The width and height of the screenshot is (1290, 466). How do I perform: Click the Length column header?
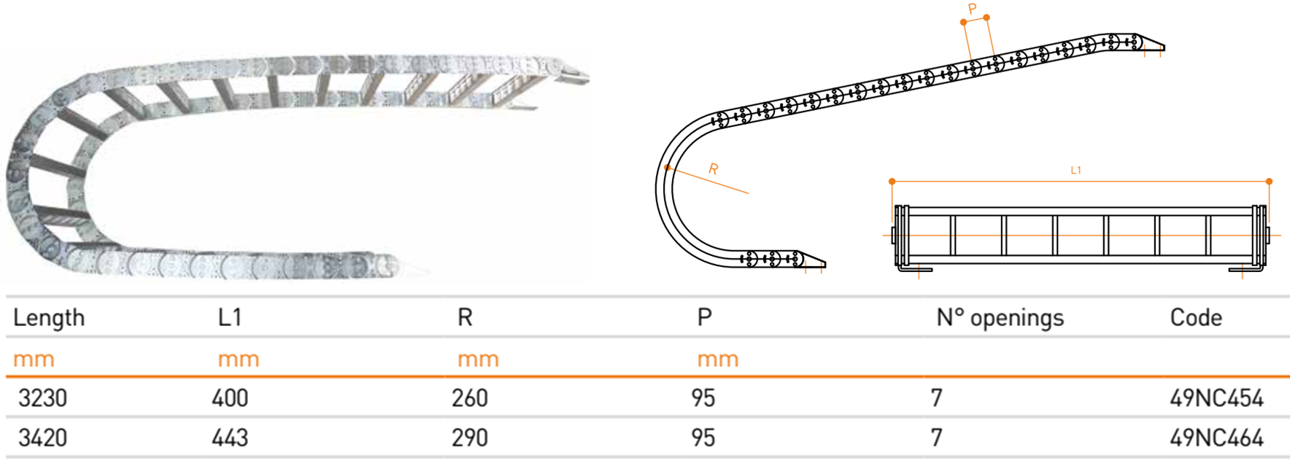point(49,318)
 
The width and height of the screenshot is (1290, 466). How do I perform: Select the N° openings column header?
point(1000,318)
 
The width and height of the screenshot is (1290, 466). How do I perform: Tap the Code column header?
point(1196,317)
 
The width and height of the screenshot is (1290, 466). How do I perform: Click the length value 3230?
point(42,398)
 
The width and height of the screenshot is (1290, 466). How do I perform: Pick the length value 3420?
point(42,438)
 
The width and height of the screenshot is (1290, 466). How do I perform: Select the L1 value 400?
point(230,398)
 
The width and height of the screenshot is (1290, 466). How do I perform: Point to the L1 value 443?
point(230,438)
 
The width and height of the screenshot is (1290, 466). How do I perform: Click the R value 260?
point(469,398)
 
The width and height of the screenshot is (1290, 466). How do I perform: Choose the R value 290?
point(469,438)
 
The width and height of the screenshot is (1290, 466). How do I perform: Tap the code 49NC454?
point(1216,398)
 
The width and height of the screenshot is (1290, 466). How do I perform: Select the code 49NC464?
point(1216,438)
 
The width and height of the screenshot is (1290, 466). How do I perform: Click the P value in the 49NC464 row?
point(703,438)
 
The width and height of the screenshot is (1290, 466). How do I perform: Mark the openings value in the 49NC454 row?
point(937,398)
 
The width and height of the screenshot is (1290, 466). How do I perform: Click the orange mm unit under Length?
point(34,360)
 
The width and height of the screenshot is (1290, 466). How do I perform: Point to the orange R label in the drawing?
point(714,169)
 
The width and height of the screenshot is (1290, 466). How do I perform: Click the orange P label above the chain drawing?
point(972,9)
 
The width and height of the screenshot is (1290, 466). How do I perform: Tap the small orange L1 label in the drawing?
point(1075,170)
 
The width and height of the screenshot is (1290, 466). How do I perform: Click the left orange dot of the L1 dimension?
point(892,181)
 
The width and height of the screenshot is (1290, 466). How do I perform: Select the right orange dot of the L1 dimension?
point(1270,181)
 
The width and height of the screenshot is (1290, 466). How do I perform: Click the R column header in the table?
point(465,317)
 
